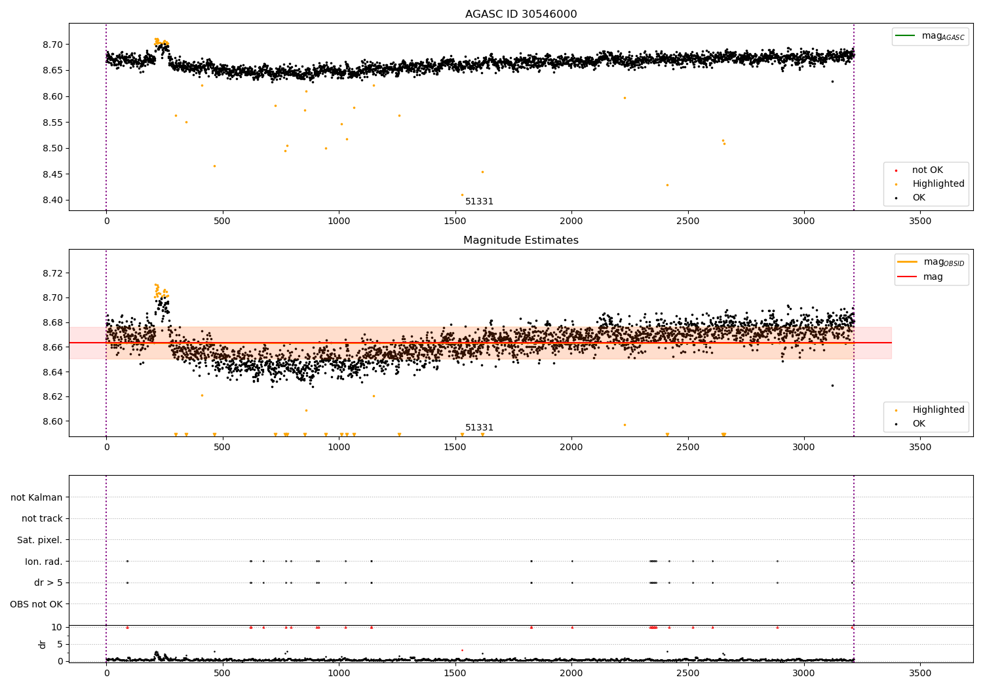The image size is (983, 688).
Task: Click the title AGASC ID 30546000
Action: pyautogui.click(x=521, y=14)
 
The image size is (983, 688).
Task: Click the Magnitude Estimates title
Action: pyautogui.click(x=521, y=240)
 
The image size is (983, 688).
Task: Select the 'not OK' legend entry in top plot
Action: pyautogui.click(x=927, y=170)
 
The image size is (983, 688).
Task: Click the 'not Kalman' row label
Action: pyautogui.click(x=37, y=497)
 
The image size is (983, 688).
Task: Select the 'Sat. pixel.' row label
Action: pyautogui.click(x=39, y=540)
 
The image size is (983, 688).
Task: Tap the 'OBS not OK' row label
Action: pyautogui.click(x=36, y=604)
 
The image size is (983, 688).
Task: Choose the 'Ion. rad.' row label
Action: pyautogui.click(x=43, y=562)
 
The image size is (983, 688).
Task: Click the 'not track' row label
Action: pyautogui.click(x=42, y=519)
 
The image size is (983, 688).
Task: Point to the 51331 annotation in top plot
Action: pyautogui.click(x=479, y=202)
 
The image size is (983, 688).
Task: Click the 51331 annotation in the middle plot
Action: pyautogui.click(x=479, y=428)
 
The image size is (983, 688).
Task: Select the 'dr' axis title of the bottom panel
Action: pyautogui.click(x=43, y=644)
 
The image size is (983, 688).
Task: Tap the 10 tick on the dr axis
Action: pyautogui.click(x=57, y=627)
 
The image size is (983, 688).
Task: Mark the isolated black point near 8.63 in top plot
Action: pyautogui.click(x=832, y=81)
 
